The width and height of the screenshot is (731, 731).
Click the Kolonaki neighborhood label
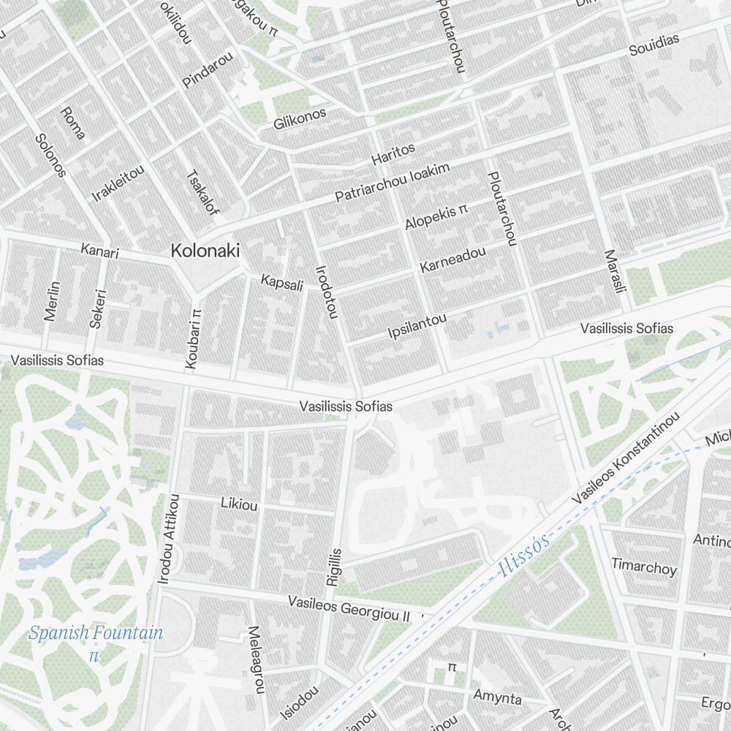point(205,250)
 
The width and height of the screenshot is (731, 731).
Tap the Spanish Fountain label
point(96,633)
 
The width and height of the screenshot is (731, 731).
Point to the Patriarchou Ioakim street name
point(392,182)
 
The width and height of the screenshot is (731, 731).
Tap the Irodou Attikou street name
point(167,539)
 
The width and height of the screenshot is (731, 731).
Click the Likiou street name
point(239,504)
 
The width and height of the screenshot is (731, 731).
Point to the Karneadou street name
point(452,260)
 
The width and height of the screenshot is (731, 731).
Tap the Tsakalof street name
point(202,193)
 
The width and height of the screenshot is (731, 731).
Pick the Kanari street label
point(99,251)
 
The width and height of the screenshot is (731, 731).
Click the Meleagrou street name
point(254,659)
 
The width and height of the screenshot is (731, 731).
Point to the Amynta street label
point(498,697)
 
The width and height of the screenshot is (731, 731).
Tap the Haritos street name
point(393,154)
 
